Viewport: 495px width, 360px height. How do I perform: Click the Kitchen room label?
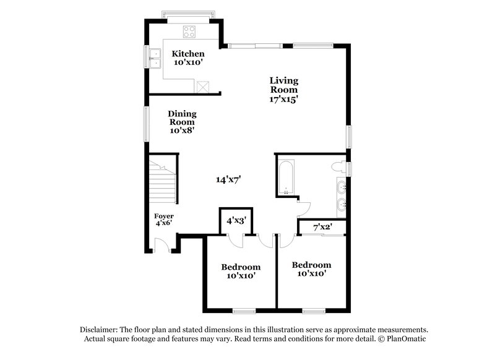pyautogui.click(x=188, y=58)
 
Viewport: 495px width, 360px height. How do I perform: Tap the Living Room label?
pyautogui.click(x=284, y=89)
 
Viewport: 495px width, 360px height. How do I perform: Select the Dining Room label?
pyautogui.click(x=182, y=122)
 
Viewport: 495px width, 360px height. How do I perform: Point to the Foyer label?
pyautogui.click(x=163, y=220)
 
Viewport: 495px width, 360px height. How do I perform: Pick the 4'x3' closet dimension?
pyautogui.click(x=236, y=220)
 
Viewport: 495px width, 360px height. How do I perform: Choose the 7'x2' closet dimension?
pyautogui.click(x=322, y=228)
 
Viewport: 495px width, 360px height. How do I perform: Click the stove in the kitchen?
pyautogui.click(x=189, y=30)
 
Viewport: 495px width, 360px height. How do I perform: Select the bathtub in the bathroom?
pyautogui.click(x=286, y=177)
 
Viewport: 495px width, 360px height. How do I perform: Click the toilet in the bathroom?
pyautogui.click(x=338, y=168)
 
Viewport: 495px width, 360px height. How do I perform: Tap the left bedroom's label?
pyautogui.click(x=241, y=271)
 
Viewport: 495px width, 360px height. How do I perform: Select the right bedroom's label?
pyautogui.click(x=311, y=268)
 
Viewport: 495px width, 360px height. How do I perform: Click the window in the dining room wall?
pyautogui.click(x=147, y=126)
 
